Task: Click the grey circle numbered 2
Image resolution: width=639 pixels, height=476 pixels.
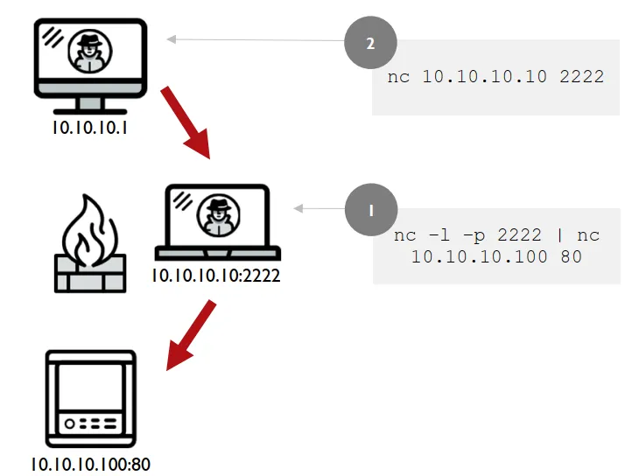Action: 370,42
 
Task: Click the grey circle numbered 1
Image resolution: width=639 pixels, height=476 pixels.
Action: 371,209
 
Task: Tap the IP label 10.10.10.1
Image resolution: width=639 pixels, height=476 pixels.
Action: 90,128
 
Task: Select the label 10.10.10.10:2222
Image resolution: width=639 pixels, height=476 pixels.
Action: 216,276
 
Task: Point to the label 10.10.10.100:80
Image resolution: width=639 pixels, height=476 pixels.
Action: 90,464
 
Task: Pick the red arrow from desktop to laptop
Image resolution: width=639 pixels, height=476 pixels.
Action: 186,122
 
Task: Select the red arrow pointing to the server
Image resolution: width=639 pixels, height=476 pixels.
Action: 191,335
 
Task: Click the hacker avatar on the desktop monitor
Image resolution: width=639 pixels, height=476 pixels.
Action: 90,51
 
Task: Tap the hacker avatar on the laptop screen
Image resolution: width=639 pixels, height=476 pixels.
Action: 219,215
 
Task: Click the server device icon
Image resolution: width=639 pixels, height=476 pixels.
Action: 90,399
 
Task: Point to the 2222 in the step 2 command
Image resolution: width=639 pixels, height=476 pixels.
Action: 581,77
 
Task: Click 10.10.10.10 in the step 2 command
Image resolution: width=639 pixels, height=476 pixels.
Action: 484,77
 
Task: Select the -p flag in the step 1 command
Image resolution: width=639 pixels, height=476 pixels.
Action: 474,235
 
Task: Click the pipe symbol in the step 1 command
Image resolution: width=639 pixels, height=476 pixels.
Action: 560,235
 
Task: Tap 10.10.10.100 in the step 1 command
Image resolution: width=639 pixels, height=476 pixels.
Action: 479,256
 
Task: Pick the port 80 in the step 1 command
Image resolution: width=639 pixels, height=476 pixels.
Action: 571,256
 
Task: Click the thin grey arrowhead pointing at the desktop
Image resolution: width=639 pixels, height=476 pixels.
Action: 172,39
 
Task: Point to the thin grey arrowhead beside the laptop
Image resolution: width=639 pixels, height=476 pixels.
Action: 298,208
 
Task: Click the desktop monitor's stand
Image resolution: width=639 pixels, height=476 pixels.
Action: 90,106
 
